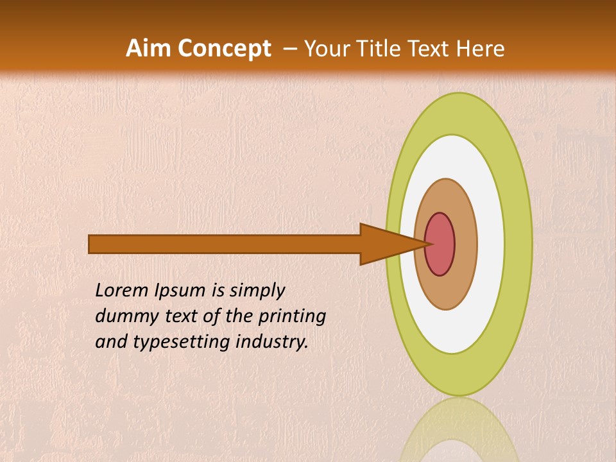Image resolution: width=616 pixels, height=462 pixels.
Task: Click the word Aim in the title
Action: pyautogui.click(x=149, y=49)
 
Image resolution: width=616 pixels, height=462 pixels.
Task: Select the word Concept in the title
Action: pyautogui.click(x=225, y=49)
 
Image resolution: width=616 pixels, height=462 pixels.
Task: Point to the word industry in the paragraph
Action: pyautogui.click(x=272, y=342)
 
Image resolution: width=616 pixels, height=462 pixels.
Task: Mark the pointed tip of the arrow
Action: pyautogui.click(x=429, y=244)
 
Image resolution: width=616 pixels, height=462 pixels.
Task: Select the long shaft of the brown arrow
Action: pyautogui.click(x=225, y=244)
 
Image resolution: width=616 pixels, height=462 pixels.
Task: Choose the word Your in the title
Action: pyautogui.click(x=327, y=49)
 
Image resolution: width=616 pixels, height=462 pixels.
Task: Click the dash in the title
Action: pyautogui.click(x=289, y=49)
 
